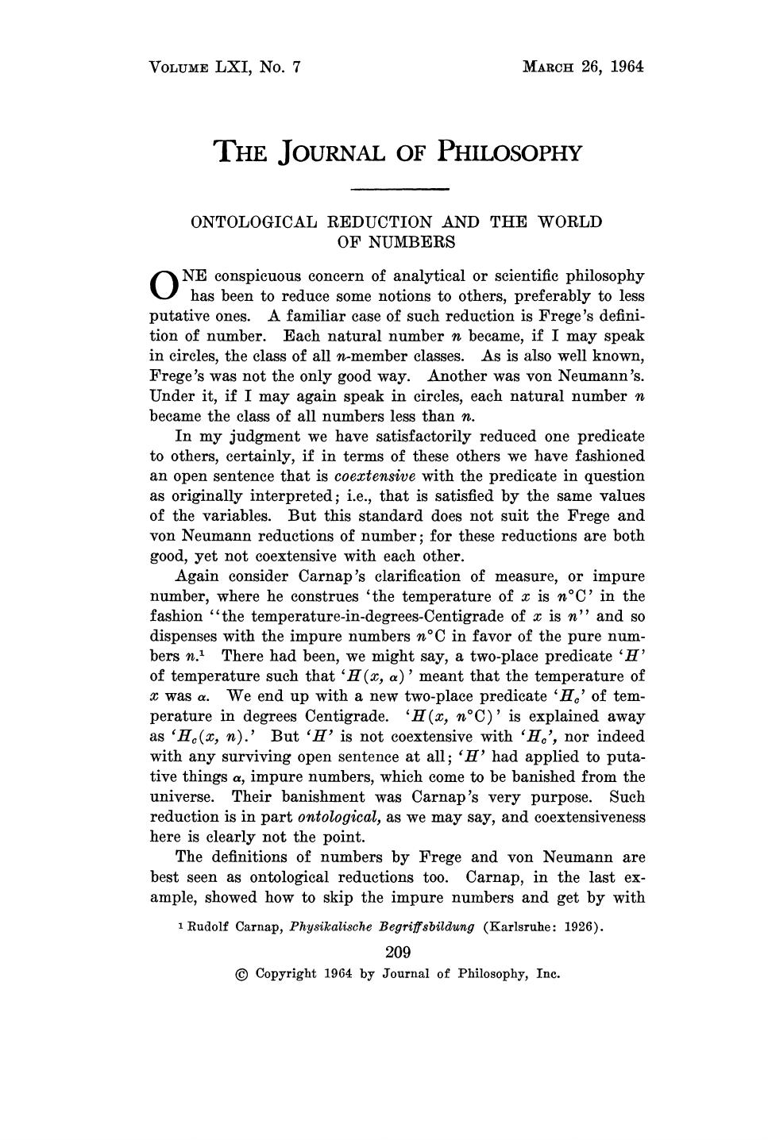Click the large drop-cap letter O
click(162, 286)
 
